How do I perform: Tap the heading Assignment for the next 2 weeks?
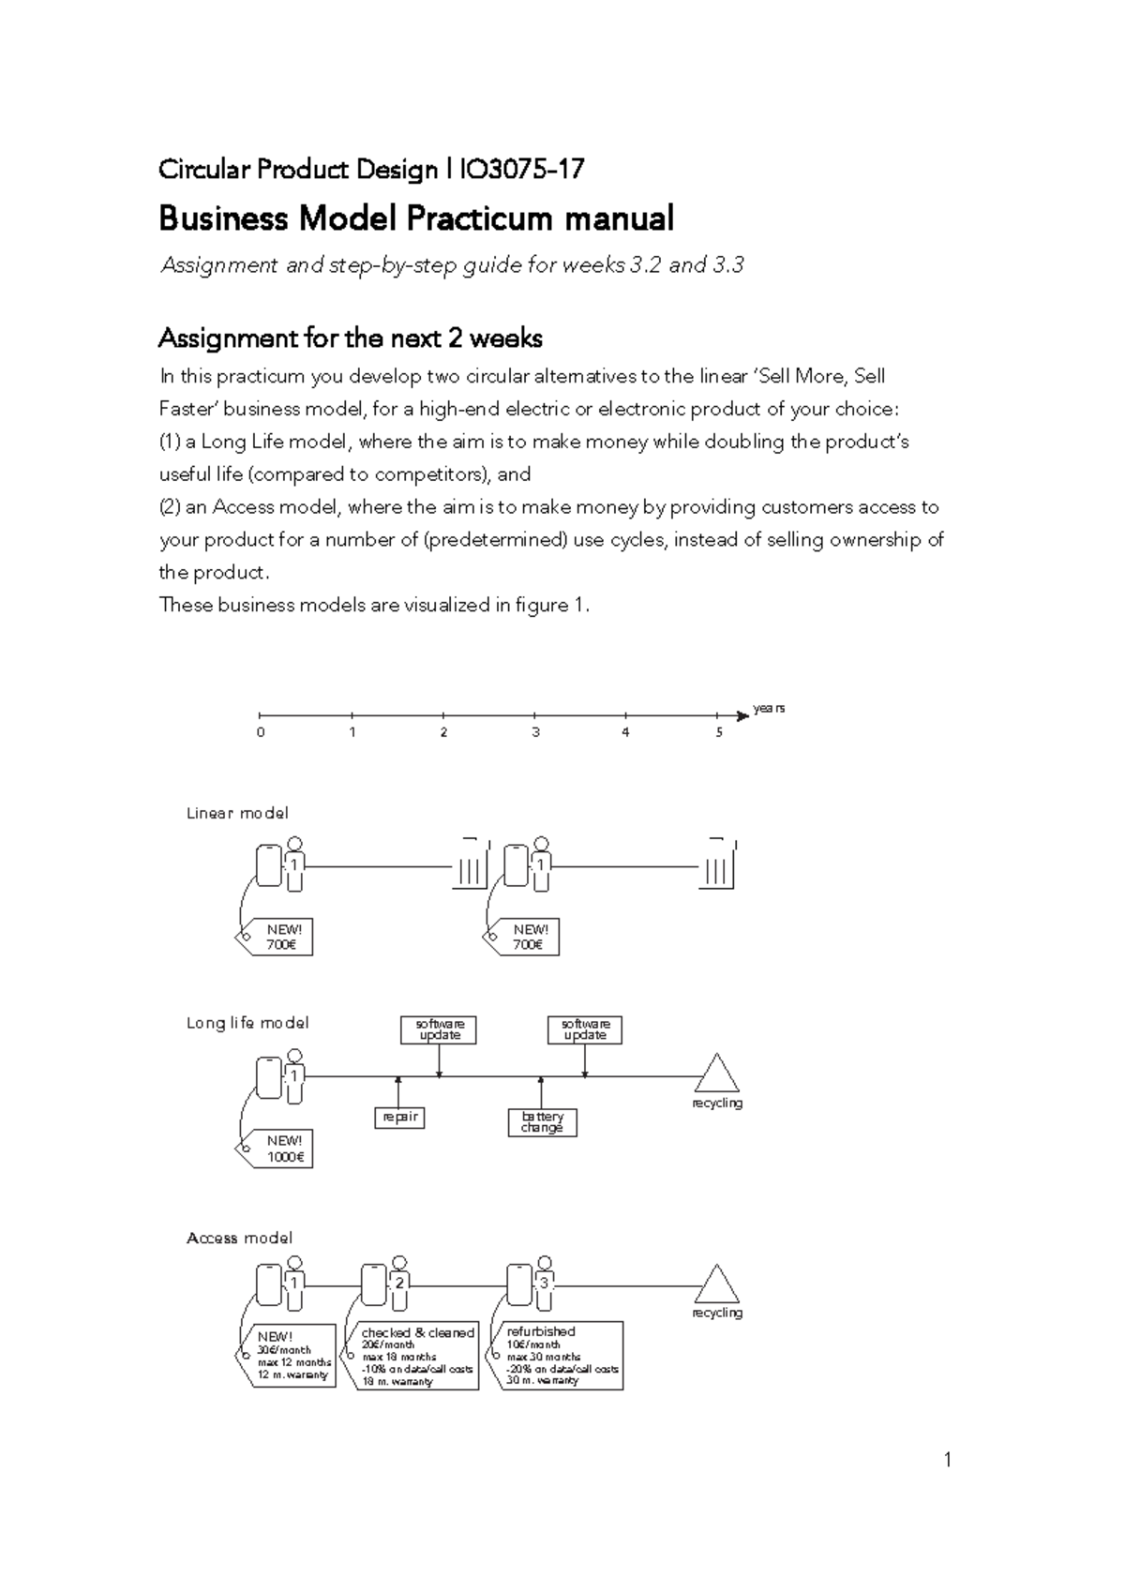350,338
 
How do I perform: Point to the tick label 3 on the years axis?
535,732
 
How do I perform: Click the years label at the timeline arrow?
769,709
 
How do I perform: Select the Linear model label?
237,813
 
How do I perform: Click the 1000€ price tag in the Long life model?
280,1149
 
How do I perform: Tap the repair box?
399,1117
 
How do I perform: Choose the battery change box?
542,1122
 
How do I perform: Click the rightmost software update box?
585,1029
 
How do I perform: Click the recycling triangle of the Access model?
717,1285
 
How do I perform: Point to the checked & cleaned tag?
417,1356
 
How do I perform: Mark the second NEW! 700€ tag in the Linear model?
528,937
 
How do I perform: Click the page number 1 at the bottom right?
948,1459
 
